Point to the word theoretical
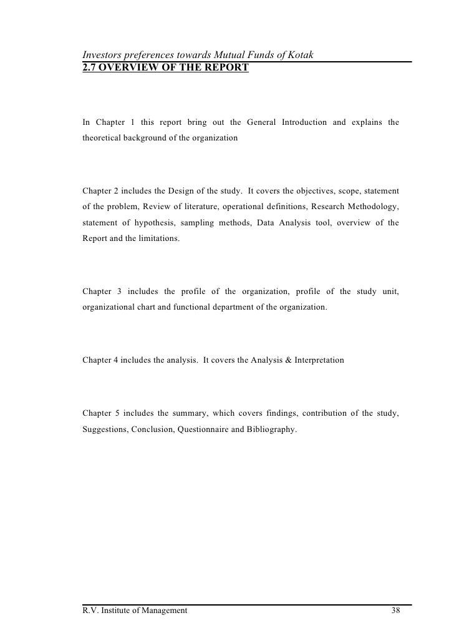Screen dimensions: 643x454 tap(104, 137)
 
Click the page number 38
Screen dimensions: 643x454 tap(395, 610)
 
